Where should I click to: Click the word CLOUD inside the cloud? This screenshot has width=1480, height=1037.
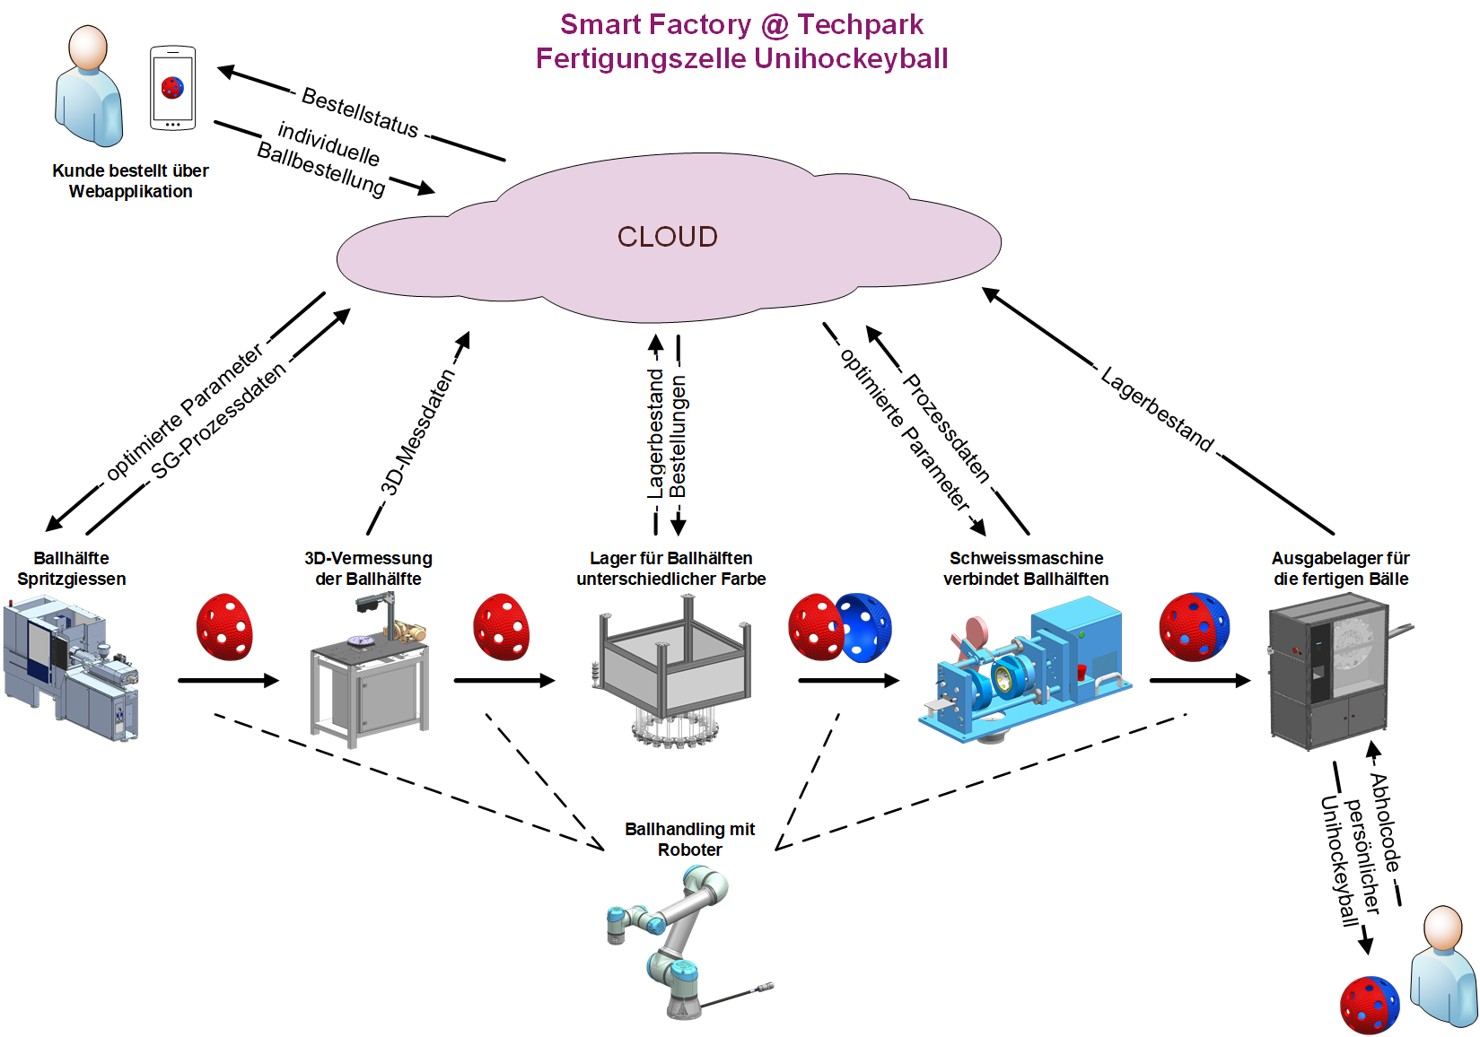tap(667, 237)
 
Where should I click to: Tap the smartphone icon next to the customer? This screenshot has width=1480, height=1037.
tap(172, 88)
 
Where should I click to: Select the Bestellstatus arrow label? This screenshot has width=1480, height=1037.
tap(360, 113)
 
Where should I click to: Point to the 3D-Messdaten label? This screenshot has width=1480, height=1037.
tap(417, 432)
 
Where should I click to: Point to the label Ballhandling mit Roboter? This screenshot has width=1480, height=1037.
tap(689, 840)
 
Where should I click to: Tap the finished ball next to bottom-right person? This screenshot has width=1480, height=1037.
tap(1369, 1005)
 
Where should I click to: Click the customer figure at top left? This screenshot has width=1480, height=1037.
tap(88, 86)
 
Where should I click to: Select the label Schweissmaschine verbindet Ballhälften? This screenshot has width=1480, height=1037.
tap(1026, 569)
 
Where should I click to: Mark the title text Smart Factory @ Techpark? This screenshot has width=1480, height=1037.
tap(741, 24)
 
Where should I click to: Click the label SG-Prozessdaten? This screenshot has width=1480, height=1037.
tap(218, 421)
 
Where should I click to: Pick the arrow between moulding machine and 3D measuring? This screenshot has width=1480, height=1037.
tap(228, 681)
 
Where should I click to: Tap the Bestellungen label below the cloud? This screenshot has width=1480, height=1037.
tap(679, 436)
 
